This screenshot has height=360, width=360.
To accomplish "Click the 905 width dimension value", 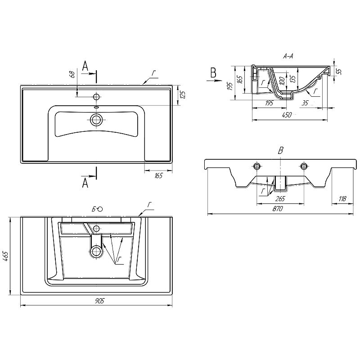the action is (99, 301).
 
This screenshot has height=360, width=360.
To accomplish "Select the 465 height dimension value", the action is (5, 256).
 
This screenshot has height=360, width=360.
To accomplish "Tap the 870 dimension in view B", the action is (278, 209).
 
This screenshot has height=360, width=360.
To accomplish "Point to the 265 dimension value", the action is (280, 198).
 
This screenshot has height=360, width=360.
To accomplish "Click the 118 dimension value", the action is (342, 198).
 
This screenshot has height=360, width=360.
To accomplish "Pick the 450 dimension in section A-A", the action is (287, 115).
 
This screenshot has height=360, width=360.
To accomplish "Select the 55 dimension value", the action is (340, 71).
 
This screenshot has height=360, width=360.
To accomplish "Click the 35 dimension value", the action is (305, 103).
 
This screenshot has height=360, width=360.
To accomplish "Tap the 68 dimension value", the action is (72, 74).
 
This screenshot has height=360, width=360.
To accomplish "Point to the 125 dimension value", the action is (183, 95).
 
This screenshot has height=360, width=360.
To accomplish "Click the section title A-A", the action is (288, 56).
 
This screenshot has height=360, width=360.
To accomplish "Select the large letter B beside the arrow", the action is (213, 72).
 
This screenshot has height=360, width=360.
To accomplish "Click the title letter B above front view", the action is (280, 151).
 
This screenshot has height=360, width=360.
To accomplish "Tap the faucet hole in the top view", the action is (96, 97).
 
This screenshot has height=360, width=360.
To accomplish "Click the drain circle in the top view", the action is (96, 120).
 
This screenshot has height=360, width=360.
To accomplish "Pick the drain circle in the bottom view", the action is (96, 252).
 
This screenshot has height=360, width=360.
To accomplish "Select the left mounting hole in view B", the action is (256, 166).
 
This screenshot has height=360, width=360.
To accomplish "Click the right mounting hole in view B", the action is (304, 166).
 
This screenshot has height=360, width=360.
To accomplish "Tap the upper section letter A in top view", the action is (85, 66).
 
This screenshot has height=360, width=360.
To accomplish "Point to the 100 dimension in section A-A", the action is (282, 81).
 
